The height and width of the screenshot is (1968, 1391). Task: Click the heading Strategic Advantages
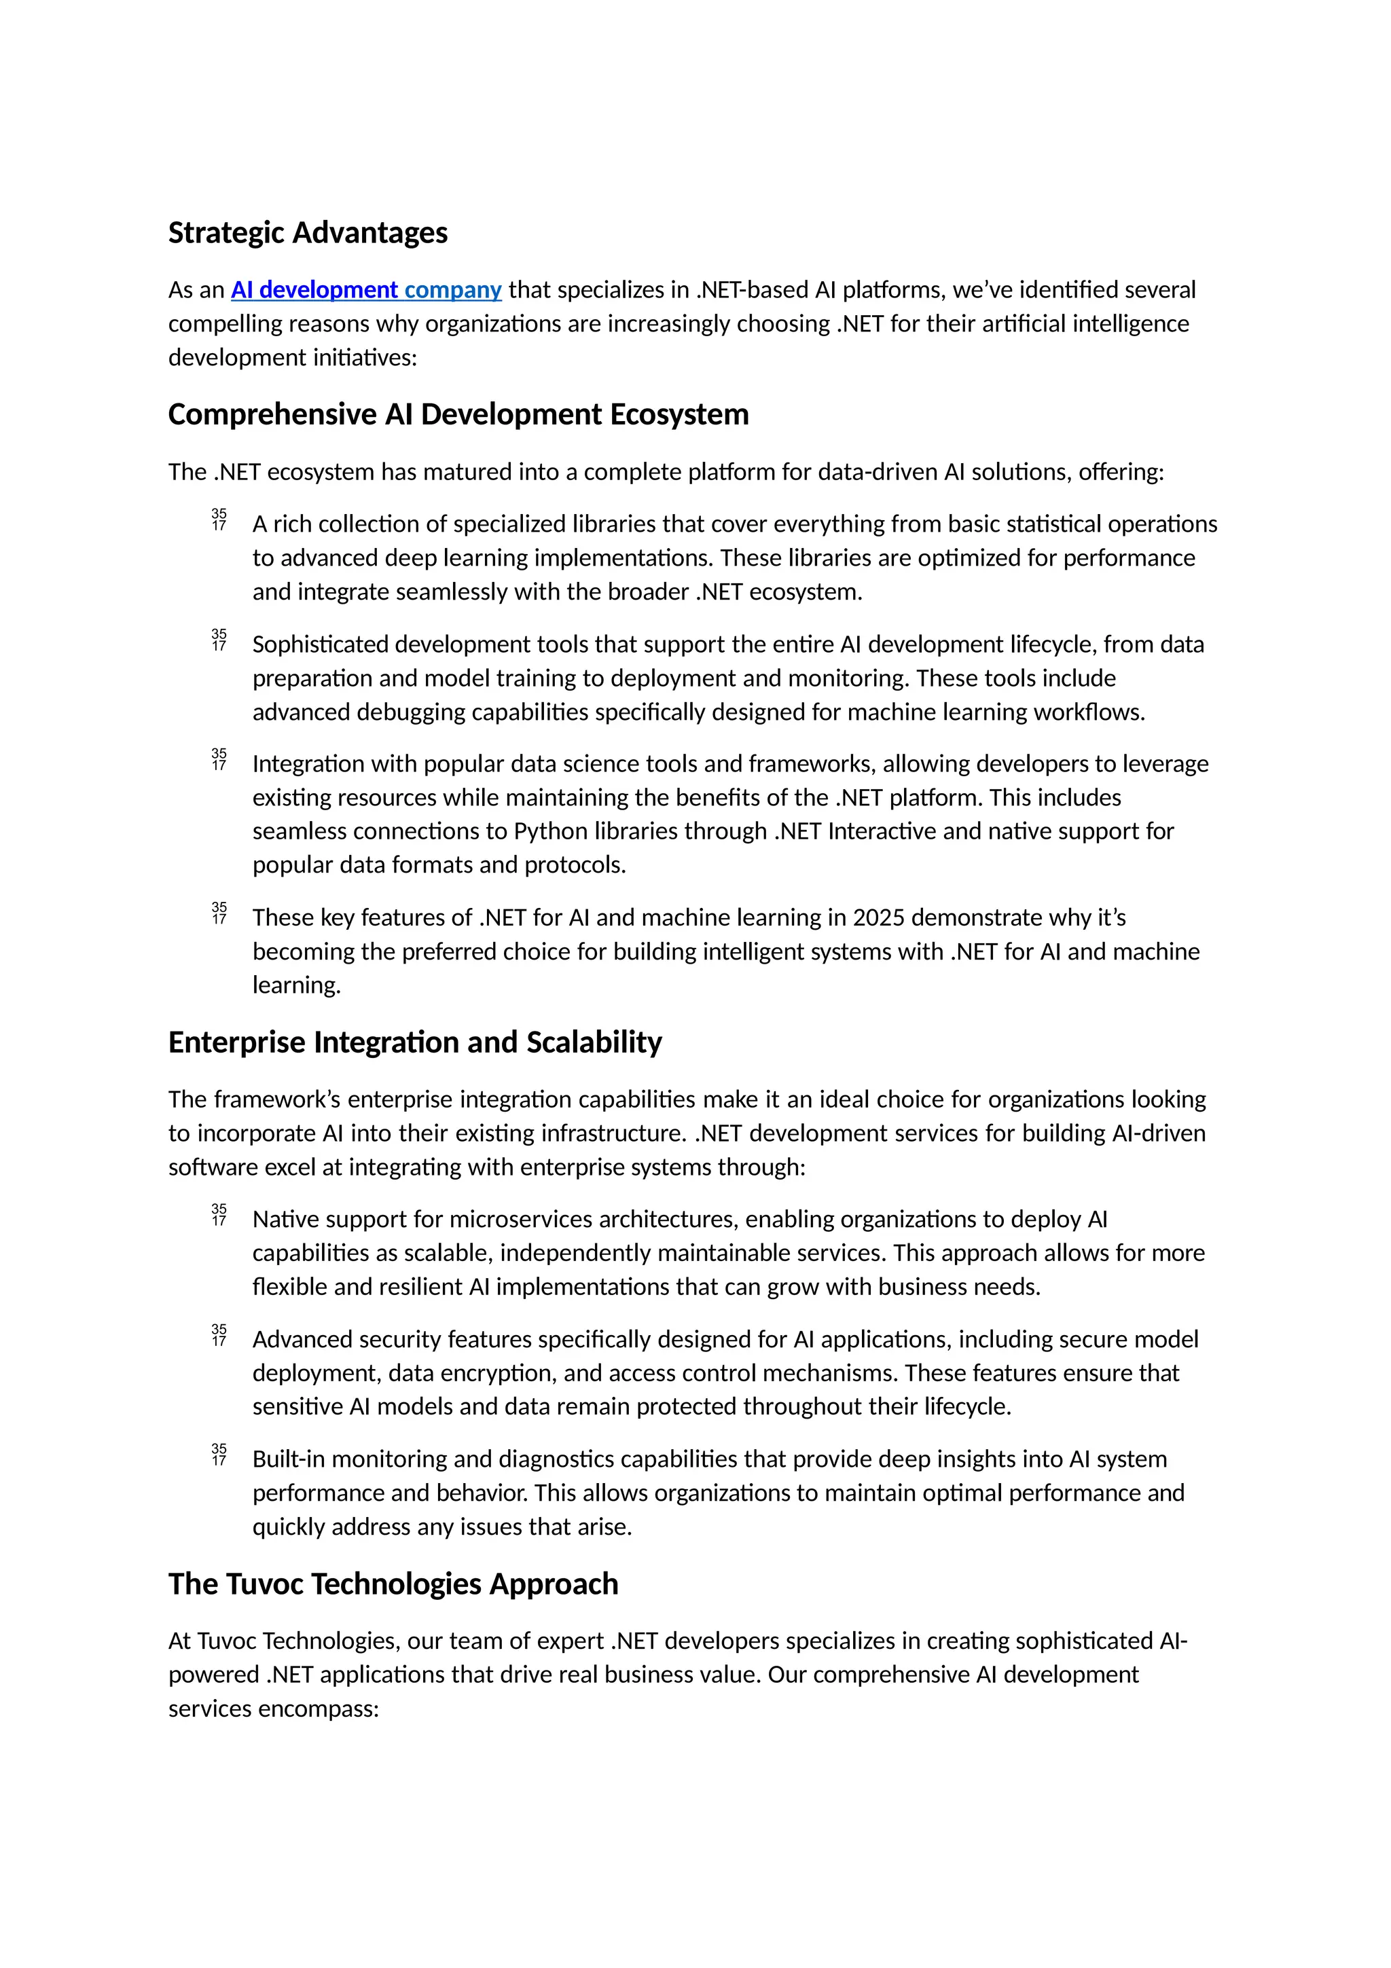[x=308, y=233]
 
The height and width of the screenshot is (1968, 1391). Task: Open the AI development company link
[x=366, y=291]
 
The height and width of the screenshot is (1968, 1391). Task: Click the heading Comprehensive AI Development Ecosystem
[x=458, y=415]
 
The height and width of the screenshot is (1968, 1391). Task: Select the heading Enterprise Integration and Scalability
[x=415, y=1042]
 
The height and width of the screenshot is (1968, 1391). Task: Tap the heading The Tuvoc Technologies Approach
[x=393, y=1584]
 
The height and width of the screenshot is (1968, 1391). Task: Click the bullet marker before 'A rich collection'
[x=219, y=520]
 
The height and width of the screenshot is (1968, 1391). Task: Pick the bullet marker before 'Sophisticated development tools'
[x=219, y=640]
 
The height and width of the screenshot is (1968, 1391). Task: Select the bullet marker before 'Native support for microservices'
[x=219, y=1216]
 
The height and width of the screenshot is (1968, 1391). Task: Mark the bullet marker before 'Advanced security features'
[x=219, y=1335]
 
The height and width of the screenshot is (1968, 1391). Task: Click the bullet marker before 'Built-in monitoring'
[x=219, y=1455]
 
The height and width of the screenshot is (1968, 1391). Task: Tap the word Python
[x=549, y=831]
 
